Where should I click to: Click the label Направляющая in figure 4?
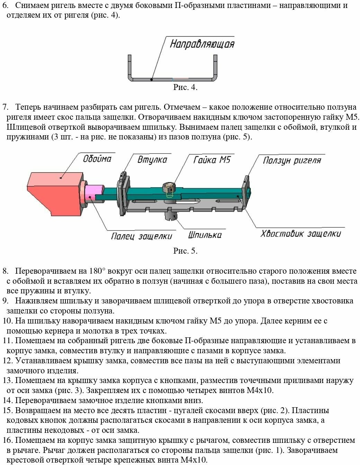click(202, 44)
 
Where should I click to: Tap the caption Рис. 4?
click(185, 87)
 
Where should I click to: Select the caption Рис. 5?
click(185, 251)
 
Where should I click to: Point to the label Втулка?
click(152, 160)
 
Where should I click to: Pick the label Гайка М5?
click(211, 159)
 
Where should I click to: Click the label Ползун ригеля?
click(292, 161)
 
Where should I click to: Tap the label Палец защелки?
click(141, 236)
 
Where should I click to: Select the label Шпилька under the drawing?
click(205, 235)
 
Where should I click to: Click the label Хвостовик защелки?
click(300, 234)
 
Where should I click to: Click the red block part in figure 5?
click(55, 192)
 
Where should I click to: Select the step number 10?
click(7, 321)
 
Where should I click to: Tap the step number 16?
click(7, 440)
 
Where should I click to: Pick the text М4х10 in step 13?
click(261, 391)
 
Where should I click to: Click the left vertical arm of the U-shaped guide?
click(130, 66)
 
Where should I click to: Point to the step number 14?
click(7, 401)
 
